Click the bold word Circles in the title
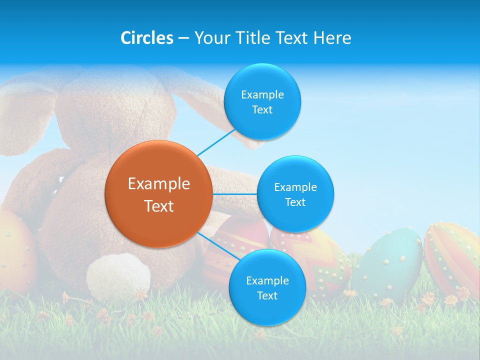147,38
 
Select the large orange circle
158,194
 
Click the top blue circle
262,102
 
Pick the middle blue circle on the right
295,194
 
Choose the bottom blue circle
267,288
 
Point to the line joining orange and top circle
216,142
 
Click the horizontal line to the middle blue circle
234,194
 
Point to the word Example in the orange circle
158,184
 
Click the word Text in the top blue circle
262,110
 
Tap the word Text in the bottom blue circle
267,296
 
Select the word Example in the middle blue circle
295,187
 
